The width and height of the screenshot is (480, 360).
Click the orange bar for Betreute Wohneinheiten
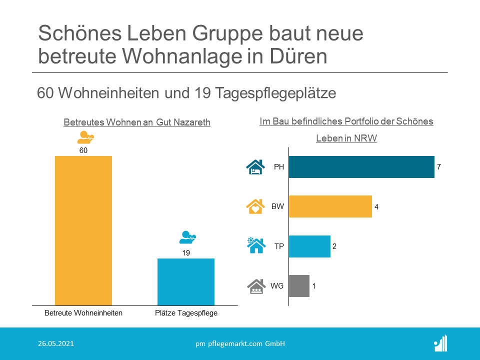tap(83, 230)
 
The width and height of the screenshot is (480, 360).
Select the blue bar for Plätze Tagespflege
tap(186, 281)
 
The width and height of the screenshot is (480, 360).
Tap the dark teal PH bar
tap(361, 167)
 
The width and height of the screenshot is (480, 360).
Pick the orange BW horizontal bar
tap(330, 206)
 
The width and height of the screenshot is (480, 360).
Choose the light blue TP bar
tap(309, 246)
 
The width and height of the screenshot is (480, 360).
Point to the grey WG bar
tap(299, 286)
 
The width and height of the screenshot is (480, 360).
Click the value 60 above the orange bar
tap(83, 150)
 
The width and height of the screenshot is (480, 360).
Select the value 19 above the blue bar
tap(186, 253)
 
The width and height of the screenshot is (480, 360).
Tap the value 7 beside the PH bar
tap(439, 167)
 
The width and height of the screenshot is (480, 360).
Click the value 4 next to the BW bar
tap(376, 206)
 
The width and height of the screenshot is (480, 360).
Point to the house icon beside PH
tap(255, 166)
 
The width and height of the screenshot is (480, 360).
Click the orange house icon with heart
tap(255, 206)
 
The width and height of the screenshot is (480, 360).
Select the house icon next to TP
tap(255, 245)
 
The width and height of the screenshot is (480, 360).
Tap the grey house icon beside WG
tap(255, 285)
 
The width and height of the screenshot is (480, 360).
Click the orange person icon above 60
tap(85, 137)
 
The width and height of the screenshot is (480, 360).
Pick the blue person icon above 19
tap(188, 237)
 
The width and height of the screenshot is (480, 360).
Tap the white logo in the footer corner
tap(440, 343)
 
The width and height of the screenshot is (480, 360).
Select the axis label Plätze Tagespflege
tap(186, 313)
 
